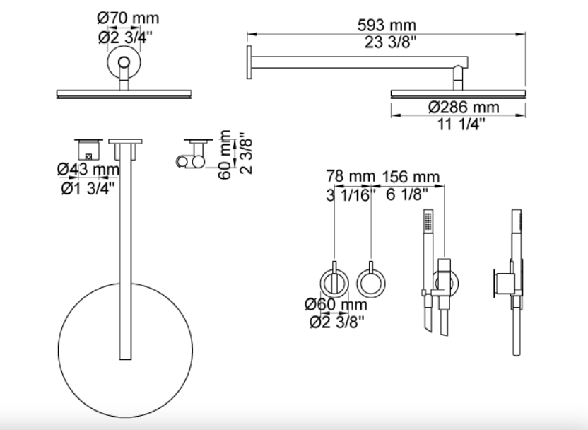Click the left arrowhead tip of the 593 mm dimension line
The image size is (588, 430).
point(247,35)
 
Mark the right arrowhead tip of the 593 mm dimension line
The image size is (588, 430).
point(525,35)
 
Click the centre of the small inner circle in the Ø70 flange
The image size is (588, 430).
point(124,62)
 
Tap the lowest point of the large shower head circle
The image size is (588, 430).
point(125,417)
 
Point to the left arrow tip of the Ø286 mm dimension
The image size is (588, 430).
point(391,115)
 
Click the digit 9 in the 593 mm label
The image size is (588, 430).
point(376,25)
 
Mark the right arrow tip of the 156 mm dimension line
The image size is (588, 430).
point(445,185)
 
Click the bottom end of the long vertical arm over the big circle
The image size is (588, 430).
point(125,359)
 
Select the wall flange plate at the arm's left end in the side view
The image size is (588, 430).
point(249,62)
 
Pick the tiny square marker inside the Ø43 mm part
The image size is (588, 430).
point(88,156)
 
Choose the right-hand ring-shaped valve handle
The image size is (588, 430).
point(371,284)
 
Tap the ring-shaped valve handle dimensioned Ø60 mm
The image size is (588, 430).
point(334,284)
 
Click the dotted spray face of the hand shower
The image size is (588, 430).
point(428,221)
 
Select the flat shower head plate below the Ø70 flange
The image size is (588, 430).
point(124,94)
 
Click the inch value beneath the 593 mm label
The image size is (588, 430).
point(390,42)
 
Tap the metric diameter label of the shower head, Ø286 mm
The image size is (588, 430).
point(464,107)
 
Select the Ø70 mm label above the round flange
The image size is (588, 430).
point(128,18)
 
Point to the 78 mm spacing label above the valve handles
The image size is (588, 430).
point(351,176)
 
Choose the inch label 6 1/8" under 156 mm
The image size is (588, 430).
point(407,194)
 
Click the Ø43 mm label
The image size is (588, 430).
point(88,169)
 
